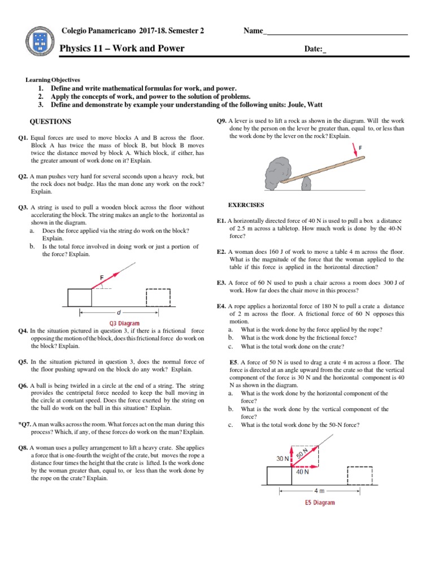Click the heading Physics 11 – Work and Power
pos(122,49)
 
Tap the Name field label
pos(254,31)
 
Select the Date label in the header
pos(315,50)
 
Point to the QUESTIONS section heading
pos(50,122)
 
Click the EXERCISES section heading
pos(246,205)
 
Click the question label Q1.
pos(23,138)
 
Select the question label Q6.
pos(23,386)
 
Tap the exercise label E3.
pos(222,283)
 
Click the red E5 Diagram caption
pos(316,502)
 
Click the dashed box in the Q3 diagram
pos(158,297)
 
